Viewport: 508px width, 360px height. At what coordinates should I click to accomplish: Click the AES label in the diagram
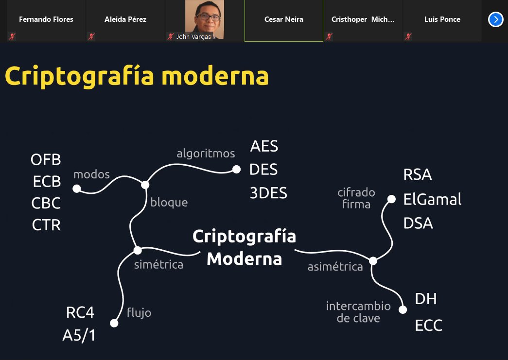pyautogui.click(x=264, y=146)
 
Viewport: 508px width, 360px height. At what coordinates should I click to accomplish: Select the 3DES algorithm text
pyautogui.click(x=268, y=193)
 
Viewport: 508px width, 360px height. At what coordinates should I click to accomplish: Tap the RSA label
pyautogui.click(x=418, y=175)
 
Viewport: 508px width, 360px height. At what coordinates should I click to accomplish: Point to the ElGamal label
pyautogui.click(x=432, y=199)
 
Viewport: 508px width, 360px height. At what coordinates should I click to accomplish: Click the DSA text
pyautogui.click(x=418, y=223)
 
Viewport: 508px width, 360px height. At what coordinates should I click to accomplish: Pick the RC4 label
pyautogui.click(x=80, y=312)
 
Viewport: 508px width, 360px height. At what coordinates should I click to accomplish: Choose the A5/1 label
pyautogui.click(x=79, y=336)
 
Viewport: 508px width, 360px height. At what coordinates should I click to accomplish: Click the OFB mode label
pyautogui.click(x=46, y=159)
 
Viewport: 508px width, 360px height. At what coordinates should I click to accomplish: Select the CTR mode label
pyautogui.click(x=46, y=225)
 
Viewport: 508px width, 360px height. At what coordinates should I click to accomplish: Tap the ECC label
pyautogui.click(x=429, y=326)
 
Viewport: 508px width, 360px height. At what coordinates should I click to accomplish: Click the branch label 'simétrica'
pyautogui.click(x=158, y=265)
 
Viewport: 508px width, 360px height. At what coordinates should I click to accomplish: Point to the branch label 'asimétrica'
pyautogui.click(x=335, y=267)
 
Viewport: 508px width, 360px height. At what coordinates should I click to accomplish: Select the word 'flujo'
pyautogui.click(x=139, y=312)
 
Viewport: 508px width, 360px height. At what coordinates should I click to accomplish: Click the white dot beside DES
pyautogui.click(x=236, y=169)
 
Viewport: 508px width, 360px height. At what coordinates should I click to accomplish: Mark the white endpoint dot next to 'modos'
pyautogui.click(x=77, y=188)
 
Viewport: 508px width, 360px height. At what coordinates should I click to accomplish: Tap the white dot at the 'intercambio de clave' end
pyautogui.click(x=403, y=309)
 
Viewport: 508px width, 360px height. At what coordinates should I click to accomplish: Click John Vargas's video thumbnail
pyautogui.click(x=205, y=20)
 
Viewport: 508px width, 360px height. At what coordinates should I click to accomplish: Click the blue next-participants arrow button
pyautogui.click(x=495, y=19)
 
